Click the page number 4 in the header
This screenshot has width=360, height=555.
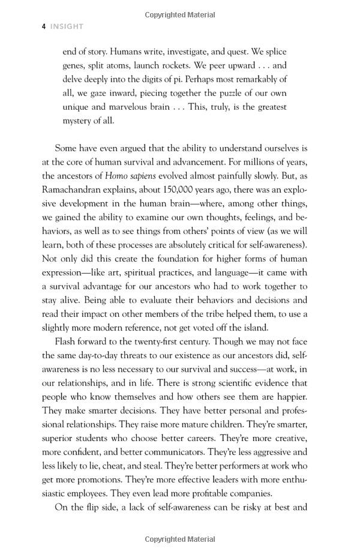(x=44, y=26)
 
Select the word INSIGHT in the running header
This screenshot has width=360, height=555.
(x=67, y=26)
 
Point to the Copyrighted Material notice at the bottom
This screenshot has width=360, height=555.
(x=180, y=539)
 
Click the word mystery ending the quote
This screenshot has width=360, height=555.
(x=79, y=121)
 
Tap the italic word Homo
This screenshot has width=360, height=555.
(x=116, y=176)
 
